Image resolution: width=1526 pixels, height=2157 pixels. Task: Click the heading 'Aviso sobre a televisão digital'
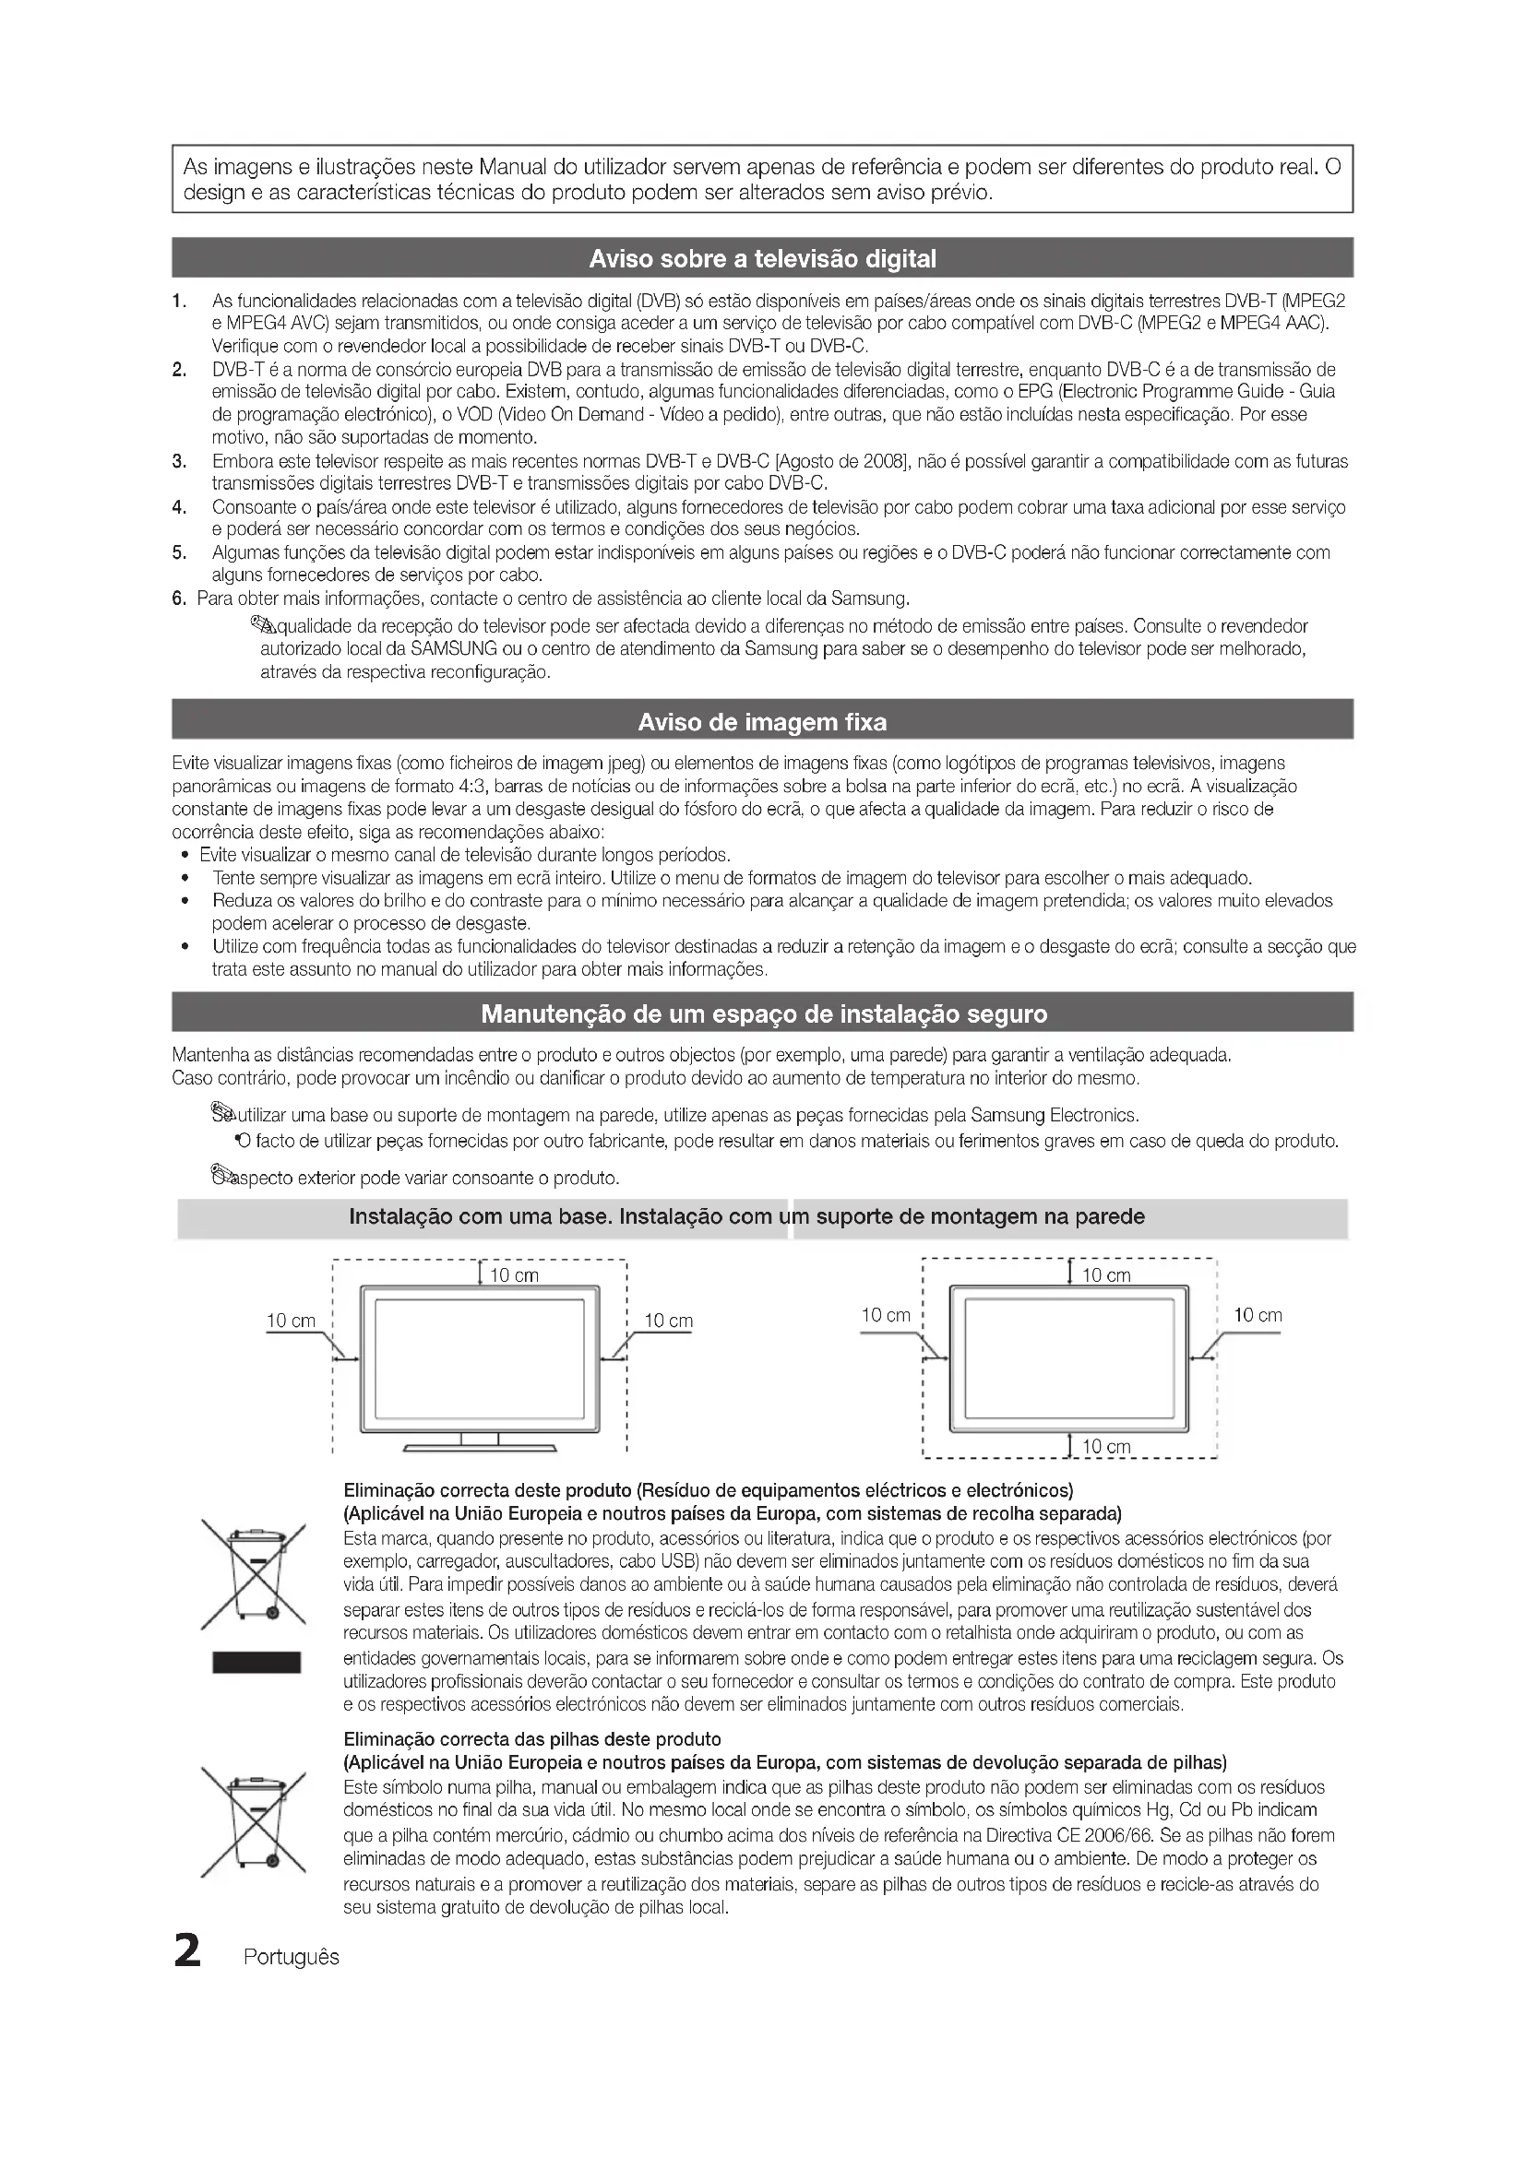click(x=762, y=259)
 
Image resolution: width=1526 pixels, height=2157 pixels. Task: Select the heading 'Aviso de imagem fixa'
click(x=762, y=722)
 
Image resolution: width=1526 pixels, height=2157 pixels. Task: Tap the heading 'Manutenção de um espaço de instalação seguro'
click(x=763, y=1014)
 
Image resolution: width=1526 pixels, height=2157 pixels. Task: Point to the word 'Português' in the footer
click(x=292, y=1957)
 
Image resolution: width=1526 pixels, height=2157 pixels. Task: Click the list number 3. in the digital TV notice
click(x=179, y=461)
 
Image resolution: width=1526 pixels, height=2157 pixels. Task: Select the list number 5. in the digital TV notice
click(x=179, y=552)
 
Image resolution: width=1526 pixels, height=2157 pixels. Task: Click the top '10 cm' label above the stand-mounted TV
click(x=515, y=1275)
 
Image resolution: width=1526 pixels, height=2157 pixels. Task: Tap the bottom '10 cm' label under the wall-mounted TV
click(x=1106, y=1447)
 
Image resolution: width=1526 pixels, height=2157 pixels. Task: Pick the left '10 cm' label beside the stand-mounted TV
click(x=292, y=1321)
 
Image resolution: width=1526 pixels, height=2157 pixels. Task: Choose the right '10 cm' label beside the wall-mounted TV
click(x=1258, y=1315)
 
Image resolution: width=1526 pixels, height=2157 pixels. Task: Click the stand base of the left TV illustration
click(x=479, y=1448)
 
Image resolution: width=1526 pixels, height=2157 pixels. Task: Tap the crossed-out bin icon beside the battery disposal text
click(x=254, y=1823)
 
